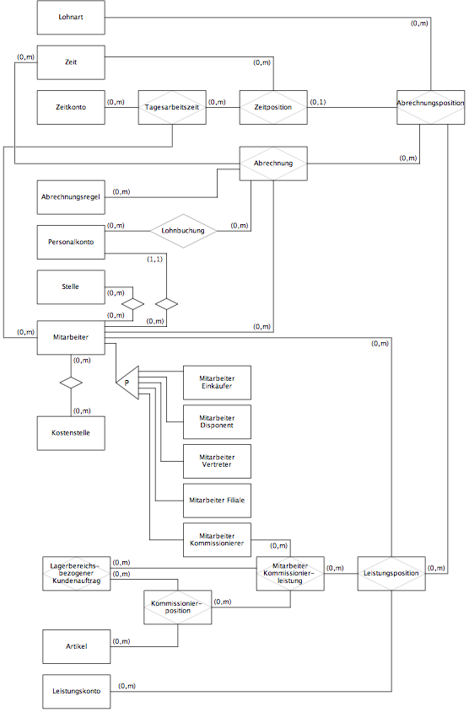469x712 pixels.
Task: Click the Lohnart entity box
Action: [x=71, y=17]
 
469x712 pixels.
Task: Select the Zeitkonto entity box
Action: [x=71, y=107]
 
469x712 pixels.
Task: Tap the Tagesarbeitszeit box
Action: [x=172, y=107]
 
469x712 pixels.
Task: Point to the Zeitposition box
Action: [x=273, y=107]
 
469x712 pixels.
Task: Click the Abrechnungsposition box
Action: [x=431, y=107]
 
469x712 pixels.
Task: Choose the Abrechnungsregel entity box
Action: [x=71, y=197]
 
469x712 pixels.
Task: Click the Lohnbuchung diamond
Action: [x=184, y=231]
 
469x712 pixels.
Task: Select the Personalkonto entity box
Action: [x=71, y=242]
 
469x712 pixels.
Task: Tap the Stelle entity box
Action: [x=71, y=287]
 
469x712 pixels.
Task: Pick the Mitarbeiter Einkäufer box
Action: [x=218, y=383]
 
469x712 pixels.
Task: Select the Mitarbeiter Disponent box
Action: [x=218, y=422]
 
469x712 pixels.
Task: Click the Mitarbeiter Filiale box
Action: [x=218, y=501]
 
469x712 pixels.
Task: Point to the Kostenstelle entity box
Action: [x=71, y=433]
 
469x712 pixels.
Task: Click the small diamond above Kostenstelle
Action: [x=71, y=383]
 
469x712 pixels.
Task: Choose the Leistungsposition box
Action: [x=391, y=574]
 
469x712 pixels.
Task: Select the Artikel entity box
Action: [x=77, y=646]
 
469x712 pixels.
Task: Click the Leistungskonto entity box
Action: [x=77, y=692]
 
